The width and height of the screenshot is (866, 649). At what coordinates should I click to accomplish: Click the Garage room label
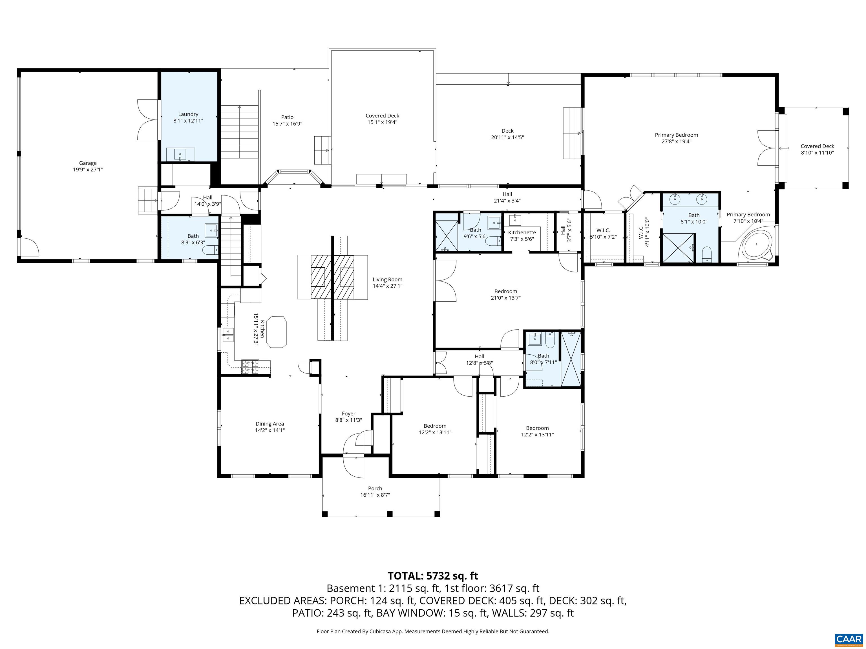(x=88, y=163)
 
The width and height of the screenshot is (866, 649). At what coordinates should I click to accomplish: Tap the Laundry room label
(x=188, y=114)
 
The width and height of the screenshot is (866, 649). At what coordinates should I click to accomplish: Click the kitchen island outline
(x=276, y=332)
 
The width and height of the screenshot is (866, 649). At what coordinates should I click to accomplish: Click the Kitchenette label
(x=522, y=232)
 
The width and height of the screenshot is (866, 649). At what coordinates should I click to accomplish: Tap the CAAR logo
(x=849, y=639)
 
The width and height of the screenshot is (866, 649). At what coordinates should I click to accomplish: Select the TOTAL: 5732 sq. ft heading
(x=433, y=576)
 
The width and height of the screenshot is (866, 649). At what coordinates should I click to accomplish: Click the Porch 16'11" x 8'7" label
(x=375, y=491)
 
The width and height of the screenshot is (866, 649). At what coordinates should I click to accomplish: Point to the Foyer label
(x=348, y=414)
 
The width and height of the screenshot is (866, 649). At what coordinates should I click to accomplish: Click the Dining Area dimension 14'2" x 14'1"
(x=270, y=430)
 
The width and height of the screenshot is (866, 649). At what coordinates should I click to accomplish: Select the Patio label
(x=287, y=117)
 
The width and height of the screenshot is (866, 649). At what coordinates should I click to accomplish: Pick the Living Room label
(x=387, y=279)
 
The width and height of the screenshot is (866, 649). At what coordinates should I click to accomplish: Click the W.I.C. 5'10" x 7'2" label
(x=603, y=234)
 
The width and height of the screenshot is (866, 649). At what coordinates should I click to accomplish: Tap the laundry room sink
(x=180, y=154)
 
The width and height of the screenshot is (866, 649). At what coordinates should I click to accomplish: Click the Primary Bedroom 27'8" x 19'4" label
(x=676, y=138)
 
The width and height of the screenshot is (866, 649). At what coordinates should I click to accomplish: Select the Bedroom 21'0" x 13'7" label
(x=505, y=294)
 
